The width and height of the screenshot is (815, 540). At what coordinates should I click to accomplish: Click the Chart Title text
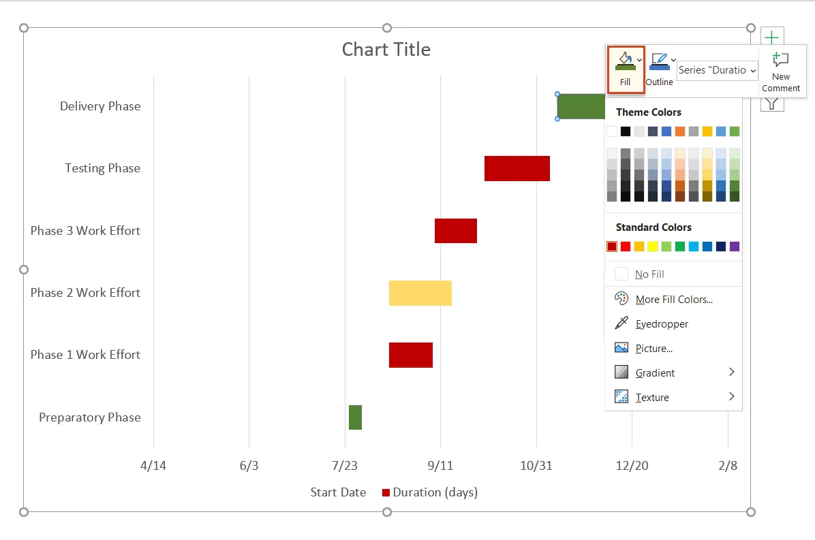tap(386, 50)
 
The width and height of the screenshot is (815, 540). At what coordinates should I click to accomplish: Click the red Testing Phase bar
tap(517, 168)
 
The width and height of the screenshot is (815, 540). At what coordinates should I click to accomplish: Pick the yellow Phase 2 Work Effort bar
tap(420, 293)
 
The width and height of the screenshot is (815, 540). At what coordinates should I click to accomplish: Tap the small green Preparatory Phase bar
tap(355, 417)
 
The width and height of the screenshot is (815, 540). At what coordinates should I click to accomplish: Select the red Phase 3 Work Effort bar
tap(455, 231)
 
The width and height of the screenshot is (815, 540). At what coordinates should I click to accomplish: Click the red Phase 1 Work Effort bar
tap(410, 355)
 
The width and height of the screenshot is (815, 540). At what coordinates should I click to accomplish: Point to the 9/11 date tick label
tap(440, 466)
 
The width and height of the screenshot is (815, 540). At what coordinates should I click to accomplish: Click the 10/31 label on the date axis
tap(536, 466)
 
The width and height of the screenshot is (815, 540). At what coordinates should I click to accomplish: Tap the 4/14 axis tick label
tap(153, 466)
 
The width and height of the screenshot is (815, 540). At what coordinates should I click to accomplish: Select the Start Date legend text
tap(338, 492)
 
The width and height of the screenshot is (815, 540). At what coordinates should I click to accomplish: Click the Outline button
tap(659, 69)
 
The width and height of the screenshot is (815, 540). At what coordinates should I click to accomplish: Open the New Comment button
tap(781, 72)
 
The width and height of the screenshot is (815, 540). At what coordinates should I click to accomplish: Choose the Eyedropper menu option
tap(662, 324)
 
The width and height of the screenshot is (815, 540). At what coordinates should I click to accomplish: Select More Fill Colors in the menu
tap(673, 300)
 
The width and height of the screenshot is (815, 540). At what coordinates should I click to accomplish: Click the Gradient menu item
tap(655, 373)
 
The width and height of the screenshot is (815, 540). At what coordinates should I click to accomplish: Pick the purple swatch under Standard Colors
tap(734, 247)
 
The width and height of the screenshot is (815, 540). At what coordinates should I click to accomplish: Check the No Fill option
tap(649, 274)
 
